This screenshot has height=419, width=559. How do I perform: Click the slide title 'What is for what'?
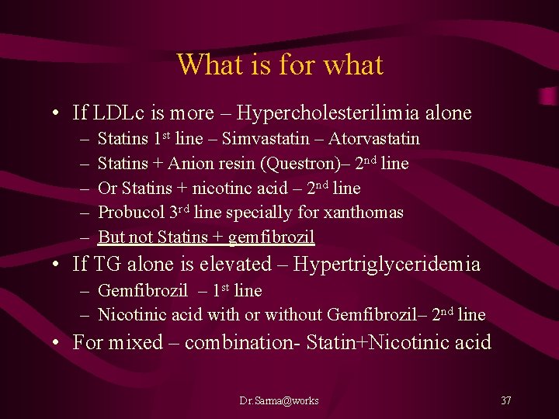pos(279,64)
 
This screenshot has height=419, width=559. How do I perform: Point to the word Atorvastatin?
pos(374,140)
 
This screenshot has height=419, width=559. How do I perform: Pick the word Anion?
pos(191,164)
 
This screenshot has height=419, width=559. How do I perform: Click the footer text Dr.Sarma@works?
pos(279,400)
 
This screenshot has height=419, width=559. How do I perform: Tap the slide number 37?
pos(505,400)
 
